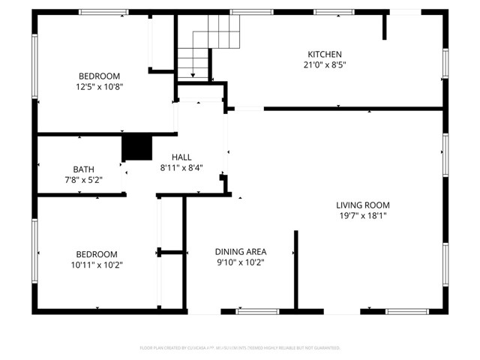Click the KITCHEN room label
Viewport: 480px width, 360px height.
pyautogui.click(x=325, y=54)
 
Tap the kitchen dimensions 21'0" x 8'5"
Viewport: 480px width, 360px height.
pyautogui.click(x=325, y=64)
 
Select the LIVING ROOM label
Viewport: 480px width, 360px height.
pyautogui.click(x=362, y=205)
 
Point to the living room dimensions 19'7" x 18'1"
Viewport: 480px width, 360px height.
pyautogui.click(x=362, y=215)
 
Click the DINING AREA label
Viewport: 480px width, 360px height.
pyautogui.click(x=241, y=251)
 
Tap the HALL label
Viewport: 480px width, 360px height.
pyautogui.click(x=181, y=157)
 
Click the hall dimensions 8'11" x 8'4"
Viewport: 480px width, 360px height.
pyautogui.click(x=181, y=168)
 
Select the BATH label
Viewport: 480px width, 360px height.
pyautogui.click(x=83, y=169)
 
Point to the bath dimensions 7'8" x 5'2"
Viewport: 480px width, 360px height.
pyautogui.click(x=83, y=180)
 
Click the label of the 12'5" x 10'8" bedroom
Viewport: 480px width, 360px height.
pyautogui.click(x=100, y=76)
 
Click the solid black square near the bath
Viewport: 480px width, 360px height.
pyautogui.click(x=136, y=147)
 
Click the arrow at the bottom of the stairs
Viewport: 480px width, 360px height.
pyautogui.click(x=193, y=73)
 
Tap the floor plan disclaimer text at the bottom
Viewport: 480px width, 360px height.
pyautogui.click(x=240, y=348)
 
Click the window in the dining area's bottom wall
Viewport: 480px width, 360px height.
pyautogui.click(x=258, y=311)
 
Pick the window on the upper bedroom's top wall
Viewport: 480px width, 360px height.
pyautogui.click(x=103, y=12)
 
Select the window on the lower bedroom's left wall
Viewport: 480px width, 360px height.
pyautogui.click(x=34, y=251)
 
